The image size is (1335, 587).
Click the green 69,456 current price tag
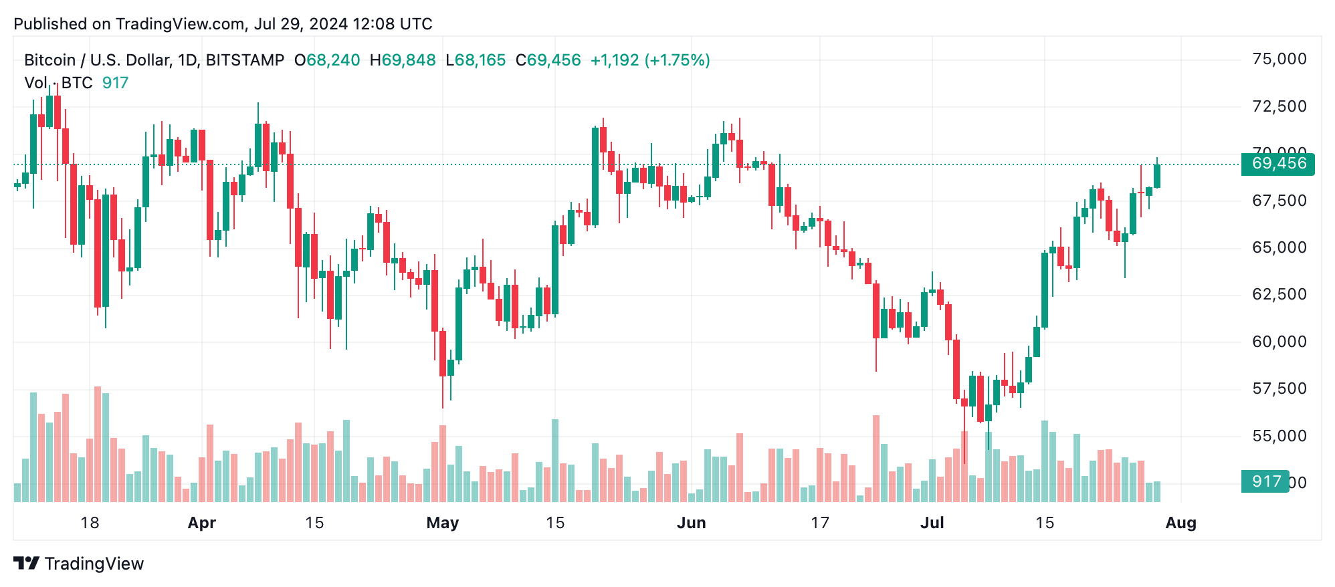(1277, 164)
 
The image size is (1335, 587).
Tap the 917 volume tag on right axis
(1265, 481)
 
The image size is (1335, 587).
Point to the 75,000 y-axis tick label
(1279, 59)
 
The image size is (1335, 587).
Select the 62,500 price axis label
(1279, 294)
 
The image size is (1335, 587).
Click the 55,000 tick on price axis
(1279, 436)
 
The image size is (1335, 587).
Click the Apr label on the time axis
(201, 523)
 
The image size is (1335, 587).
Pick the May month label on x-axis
(442, 523)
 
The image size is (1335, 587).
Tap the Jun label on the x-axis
(691, 523)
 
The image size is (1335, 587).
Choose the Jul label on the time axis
(932, 523)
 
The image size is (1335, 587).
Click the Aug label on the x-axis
(1180, 523)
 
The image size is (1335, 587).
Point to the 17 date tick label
(820, 523)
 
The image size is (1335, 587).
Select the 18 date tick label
(90, 523)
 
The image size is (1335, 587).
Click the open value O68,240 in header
(327, 60)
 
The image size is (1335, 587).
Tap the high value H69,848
(403, 60)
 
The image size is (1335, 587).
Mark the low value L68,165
(476, 60)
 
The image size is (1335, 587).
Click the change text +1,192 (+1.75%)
(649, 60)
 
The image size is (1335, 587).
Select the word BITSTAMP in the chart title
(245, 60)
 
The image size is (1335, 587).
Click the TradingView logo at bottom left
(79, 564)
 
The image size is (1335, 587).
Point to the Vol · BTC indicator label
(58, 83)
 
